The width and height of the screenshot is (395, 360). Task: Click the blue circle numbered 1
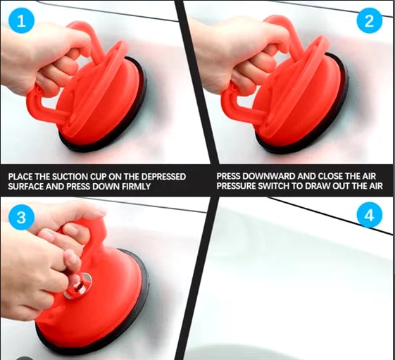[x=21, y=21]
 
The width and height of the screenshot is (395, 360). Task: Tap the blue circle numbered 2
[x=370, y=21]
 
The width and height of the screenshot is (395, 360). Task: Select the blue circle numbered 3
[x=21, y=217]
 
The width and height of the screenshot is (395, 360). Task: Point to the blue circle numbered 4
[x=370, y=216]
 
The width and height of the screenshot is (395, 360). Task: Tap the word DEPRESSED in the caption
[x=163, y=176]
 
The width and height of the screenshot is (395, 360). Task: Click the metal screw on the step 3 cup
[x=78, y=285]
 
